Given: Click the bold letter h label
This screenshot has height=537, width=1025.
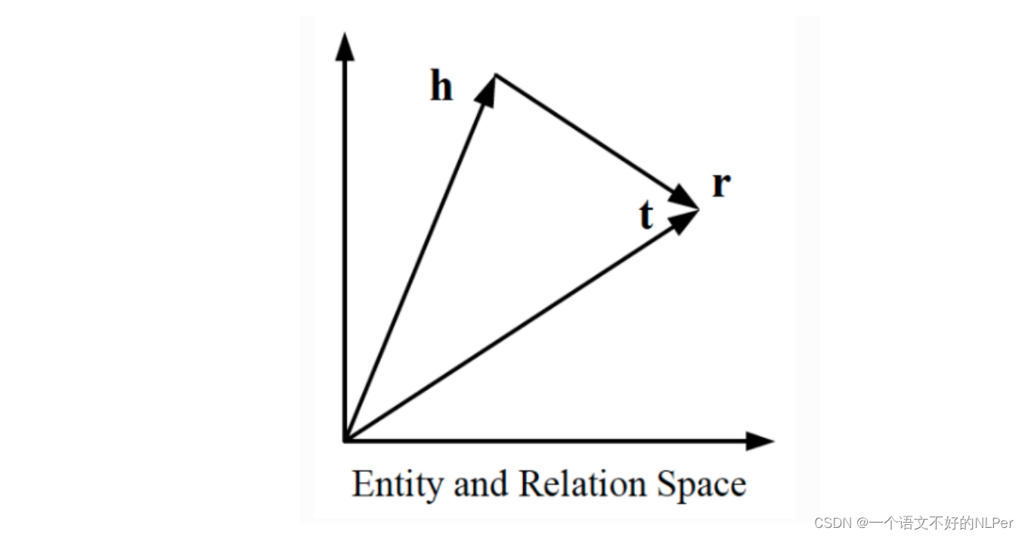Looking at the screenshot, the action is tap(441, 87).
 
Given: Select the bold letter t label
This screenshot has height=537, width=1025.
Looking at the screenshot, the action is tap(646, 215).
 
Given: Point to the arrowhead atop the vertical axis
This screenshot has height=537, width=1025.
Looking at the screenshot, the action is tap(345, 47).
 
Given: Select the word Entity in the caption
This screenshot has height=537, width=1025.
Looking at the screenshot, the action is tap(398, 485).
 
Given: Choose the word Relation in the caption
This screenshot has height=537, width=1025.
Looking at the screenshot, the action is tap(581, 485).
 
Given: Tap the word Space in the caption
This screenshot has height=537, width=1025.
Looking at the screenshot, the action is tap(701, 485).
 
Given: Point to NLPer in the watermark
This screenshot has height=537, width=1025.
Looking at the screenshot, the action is tap(993, 523).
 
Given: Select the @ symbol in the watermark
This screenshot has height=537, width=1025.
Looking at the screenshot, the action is tap(862, 523).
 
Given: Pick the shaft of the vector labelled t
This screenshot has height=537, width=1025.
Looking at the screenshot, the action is tap(514, 329).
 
